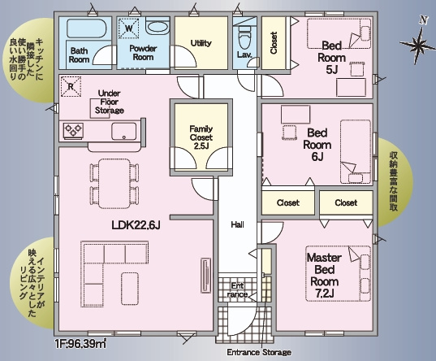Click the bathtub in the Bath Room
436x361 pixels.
87,28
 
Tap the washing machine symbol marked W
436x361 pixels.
128,28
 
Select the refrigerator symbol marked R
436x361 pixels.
71,87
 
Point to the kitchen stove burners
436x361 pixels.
73,130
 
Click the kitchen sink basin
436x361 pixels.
123,131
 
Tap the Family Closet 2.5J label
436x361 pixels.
201,137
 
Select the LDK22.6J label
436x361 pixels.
136,225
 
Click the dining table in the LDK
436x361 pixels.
114,184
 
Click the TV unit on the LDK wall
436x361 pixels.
205,275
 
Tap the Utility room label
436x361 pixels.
201,43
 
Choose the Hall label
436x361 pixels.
237,224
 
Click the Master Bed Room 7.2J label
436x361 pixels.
325,275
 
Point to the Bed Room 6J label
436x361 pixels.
317,145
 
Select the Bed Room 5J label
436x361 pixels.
331,58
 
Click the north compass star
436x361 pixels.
417,45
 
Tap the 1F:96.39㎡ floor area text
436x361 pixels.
80,344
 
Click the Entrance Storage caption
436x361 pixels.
259,352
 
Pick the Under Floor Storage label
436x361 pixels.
110,102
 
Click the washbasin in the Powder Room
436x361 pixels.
157,28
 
